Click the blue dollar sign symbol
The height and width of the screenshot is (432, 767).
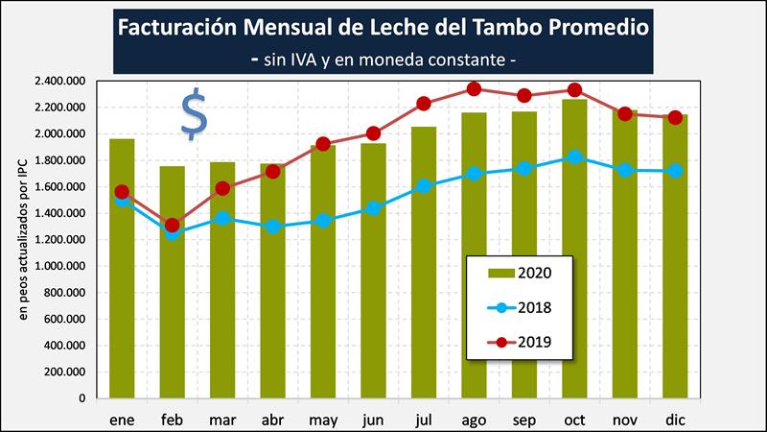(x=194, y=114)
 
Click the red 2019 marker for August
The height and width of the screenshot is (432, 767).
(x=474, y=89)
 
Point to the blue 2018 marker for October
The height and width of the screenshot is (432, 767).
(x=574, y=156)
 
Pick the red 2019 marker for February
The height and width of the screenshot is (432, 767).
(x=173, y=226)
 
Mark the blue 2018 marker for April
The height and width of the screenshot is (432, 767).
(x=273, y=227)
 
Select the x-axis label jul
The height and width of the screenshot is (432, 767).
(x=424, y=419)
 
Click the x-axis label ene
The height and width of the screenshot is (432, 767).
(x=123, y=419)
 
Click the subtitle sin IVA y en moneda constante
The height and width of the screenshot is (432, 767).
(x=383, y=59)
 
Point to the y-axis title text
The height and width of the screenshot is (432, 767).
(x=22, y=240)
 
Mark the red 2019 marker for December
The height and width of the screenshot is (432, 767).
(x=675, y=117)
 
